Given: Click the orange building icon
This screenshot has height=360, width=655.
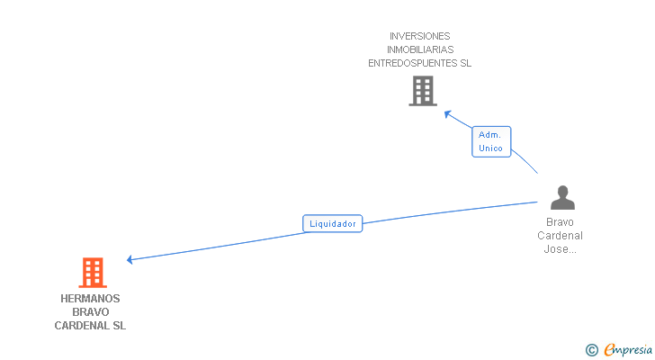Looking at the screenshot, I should (92, 272).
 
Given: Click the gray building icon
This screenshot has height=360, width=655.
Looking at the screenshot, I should (422, 91).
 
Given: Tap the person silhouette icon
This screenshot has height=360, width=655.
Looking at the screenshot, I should (562, 197).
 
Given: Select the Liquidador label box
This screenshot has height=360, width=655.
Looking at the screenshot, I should (332, 223).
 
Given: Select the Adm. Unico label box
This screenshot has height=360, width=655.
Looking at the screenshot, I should (491, 141).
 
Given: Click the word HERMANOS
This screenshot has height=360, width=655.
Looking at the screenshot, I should (90, 299).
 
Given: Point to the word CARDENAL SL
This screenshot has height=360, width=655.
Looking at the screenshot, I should (90, 326).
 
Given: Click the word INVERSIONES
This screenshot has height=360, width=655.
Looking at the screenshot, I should (420, 36).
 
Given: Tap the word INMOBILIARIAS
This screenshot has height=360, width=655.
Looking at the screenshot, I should (420, 49).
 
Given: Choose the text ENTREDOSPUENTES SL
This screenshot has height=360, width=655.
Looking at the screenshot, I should (420, 63).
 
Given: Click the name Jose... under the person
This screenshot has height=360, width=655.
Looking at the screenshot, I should (561, 249).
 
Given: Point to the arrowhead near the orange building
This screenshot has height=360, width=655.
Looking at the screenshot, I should (130, 259).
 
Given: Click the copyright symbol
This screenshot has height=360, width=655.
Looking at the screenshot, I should (591, 350).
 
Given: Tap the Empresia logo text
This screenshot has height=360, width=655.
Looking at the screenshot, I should (628, 349).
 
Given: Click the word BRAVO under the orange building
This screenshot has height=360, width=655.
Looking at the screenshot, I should (90, 312).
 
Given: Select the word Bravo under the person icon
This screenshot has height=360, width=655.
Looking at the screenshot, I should (561, 222).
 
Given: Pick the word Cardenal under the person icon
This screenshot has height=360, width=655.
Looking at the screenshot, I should (561, 236).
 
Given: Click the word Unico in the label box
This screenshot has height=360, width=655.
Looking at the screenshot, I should (491, 148).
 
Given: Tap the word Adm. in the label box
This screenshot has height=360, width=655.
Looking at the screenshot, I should (490, 134).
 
